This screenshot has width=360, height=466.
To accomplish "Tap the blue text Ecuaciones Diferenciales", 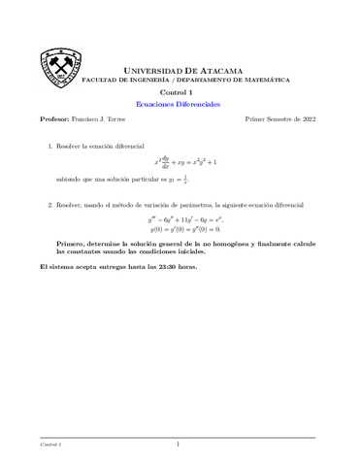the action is (180, 102).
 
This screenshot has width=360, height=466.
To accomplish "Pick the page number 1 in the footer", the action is (179, 445).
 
